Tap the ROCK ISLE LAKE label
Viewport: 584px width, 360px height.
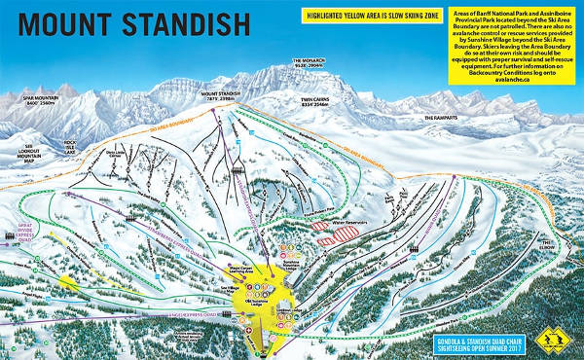[x=69, y=146]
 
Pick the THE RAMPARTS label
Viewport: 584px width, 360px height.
[x=440, y=118]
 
